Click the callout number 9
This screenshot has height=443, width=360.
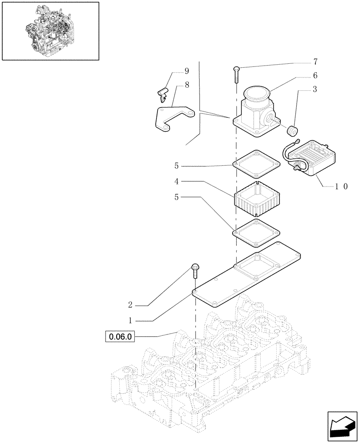click(187, 71)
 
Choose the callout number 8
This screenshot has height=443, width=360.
click(187, 85)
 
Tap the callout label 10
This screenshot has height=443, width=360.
click(341, 187)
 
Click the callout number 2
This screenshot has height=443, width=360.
click(130, 305)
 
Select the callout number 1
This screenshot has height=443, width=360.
click(130, 319)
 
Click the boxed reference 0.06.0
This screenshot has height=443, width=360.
click(119, 337)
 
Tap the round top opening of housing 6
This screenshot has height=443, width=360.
click(257, 94)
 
